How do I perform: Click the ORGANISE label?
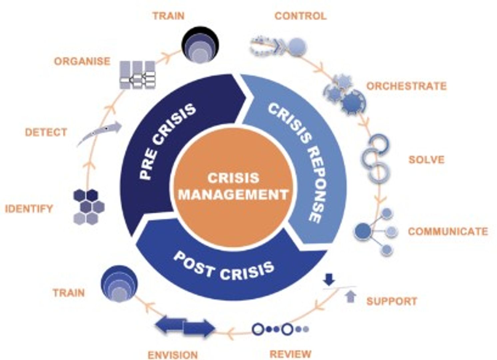pos(82,61)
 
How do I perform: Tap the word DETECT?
pos(46,132)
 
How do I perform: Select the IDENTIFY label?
pos(29,209)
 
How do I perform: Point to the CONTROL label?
pos(300,16)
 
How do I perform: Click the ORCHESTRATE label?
pos(406,86)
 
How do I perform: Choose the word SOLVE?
pos(426,160)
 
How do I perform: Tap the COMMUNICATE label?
pos(448,231)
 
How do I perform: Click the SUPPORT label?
pos(392,301)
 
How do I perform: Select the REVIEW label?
pos(290,354)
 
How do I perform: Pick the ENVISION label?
pos(173,355)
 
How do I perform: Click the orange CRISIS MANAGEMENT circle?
pos(233,187)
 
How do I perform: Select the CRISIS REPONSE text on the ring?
pos(300,160)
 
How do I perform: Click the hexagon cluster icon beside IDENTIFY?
pos(88,207)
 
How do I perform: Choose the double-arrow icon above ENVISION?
pos(185,327)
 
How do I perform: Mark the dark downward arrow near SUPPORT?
pos(329,279)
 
